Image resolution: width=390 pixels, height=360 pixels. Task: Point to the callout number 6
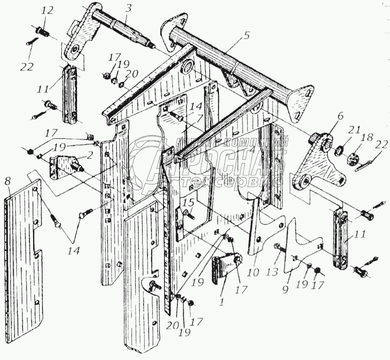[x=340, y=117]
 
